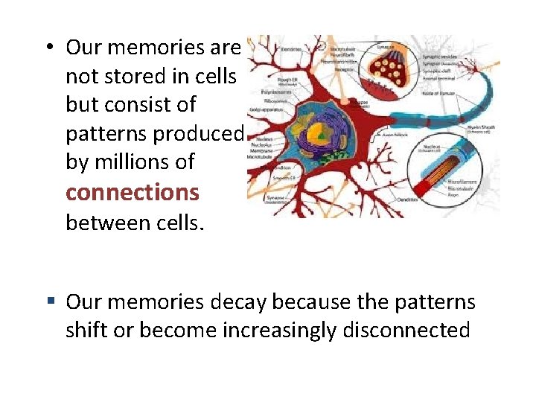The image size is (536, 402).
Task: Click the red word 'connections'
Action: (133, 192)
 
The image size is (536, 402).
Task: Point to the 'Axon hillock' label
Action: (397, 135)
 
